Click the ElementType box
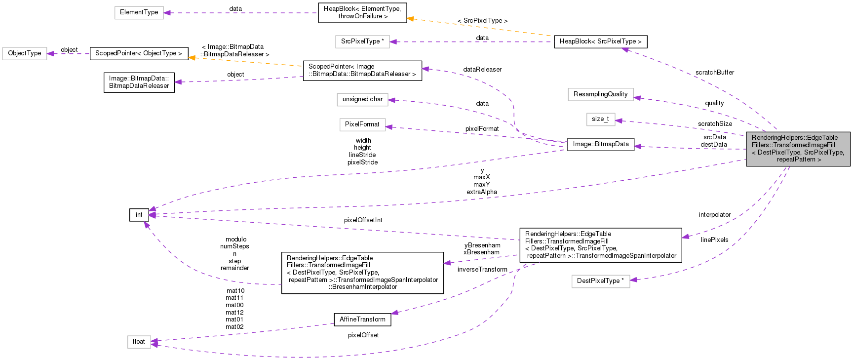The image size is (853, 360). [139, 12]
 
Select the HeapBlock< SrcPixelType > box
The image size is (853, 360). [600, 41]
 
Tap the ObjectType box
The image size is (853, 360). [25, 53]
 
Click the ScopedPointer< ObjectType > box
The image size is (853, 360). [139, 53]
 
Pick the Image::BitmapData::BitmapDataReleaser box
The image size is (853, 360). [139, 82]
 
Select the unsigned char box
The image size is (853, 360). [362, 99]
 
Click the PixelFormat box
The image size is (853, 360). [362, 124]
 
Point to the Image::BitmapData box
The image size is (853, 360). [600, 144]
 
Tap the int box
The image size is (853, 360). [139, 215]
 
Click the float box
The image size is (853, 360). [139, 342]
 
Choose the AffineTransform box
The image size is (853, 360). [362, 320]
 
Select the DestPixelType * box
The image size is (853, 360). [600, 281]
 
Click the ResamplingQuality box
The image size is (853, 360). [600, 94]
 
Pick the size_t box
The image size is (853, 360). [600, 119]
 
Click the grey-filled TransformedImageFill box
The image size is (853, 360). [798, 149]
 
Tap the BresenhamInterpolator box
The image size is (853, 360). [362, 273]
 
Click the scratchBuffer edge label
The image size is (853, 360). [714, 73]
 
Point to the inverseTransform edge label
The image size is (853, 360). [482, 270]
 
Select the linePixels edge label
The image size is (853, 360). [714, 240]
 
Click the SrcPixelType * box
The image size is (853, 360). [362, 41]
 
